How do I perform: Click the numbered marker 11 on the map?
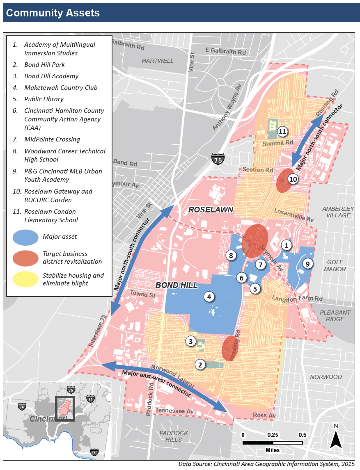click(x=282, y=132)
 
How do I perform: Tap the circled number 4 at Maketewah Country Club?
click(x=209, y=297)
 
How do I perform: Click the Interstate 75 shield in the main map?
click(x=218, y=160)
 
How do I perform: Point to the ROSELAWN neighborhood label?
click(x=211, y=210)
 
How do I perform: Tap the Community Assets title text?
click(x=53, y=13)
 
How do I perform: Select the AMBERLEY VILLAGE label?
click(x=339, y=212)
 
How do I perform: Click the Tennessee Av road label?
click(x=174, y=411)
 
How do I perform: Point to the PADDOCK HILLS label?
click(x=174, y=436)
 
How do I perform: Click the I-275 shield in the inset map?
click(x=95, y=451)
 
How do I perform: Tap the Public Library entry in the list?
click(x=44, y=99)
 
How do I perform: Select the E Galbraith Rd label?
click(x=225, y=52)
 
